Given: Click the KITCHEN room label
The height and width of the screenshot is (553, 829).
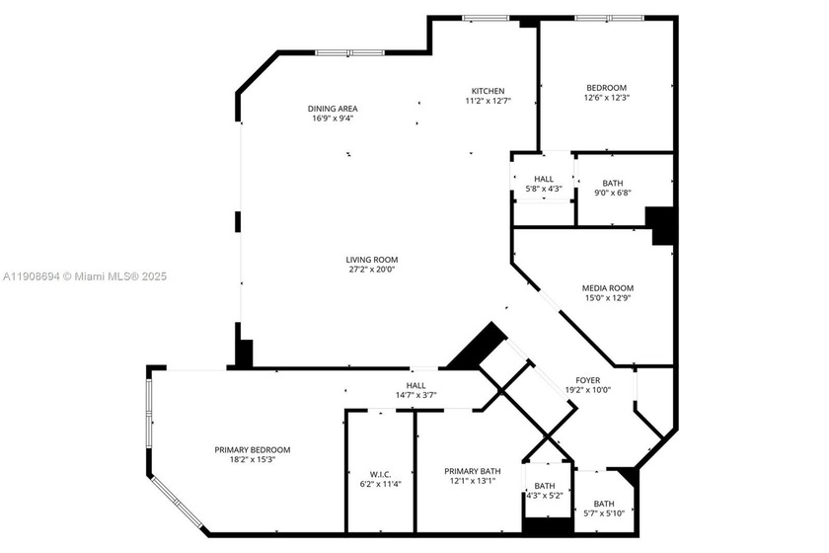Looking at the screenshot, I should [x=488, y=90].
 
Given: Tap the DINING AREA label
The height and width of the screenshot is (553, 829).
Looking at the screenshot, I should [x=332, y=109].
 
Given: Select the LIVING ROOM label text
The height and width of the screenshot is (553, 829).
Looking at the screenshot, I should [x=344, y=260].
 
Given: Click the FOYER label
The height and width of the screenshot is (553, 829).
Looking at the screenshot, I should [x=588, y=379].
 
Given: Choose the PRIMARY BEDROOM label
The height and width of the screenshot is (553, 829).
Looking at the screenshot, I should [x=253, y=449].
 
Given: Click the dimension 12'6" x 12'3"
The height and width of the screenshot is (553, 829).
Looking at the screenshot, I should [x=607, y=98].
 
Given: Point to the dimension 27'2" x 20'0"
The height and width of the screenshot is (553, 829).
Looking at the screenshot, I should [x=344, y=270].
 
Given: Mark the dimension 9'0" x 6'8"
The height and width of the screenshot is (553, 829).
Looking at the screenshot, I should [x=613, y=193].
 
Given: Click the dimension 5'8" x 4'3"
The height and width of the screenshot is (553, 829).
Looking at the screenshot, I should [x=544, y=189].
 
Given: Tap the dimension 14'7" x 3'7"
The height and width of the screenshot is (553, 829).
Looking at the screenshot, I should [x=415, y=395].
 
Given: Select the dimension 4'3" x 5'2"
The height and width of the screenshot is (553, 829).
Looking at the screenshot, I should [x=545, y=495].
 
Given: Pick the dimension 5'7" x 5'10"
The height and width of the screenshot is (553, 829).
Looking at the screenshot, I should [x=604, y=513].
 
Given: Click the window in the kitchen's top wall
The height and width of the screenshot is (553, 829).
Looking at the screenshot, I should [x=486, y=18].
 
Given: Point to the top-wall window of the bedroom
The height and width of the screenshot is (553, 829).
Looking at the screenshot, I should [x=609, y=18].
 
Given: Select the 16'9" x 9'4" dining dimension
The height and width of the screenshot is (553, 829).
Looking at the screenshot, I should [x=332, y=118].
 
